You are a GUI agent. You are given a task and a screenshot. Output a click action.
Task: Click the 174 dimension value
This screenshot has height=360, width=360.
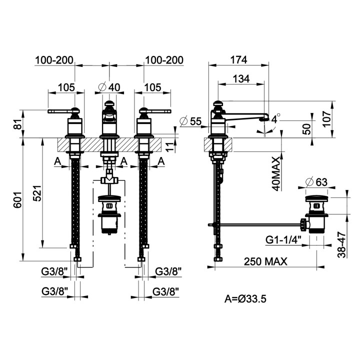238,60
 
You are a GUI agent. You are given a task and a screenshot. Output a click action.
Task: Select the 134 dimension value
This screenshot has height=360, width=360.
241,79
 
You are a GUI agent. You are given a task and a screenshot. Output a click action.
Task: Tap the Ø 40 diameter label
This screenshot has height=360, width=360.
109,87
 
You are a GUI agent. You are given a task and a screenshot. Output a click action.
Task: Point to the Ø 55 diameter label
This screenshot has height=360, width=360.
190,121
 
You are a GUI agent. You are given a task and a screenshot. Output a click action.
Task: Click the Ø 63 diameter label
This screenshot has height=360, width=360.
316,182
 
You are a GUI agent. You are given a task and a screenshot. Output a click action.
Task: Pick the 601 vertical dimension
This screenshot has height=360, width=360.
17,199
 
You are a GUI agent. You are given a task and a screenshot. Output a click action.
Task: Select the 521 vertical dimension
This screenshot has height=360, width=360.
37,193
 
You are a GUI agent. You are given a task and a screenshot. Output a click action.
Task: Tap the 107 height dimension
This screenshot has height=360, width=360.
326,118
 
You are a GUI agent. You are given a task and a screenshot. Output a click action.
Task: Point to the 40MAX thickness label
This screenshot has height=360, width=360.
276,173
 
